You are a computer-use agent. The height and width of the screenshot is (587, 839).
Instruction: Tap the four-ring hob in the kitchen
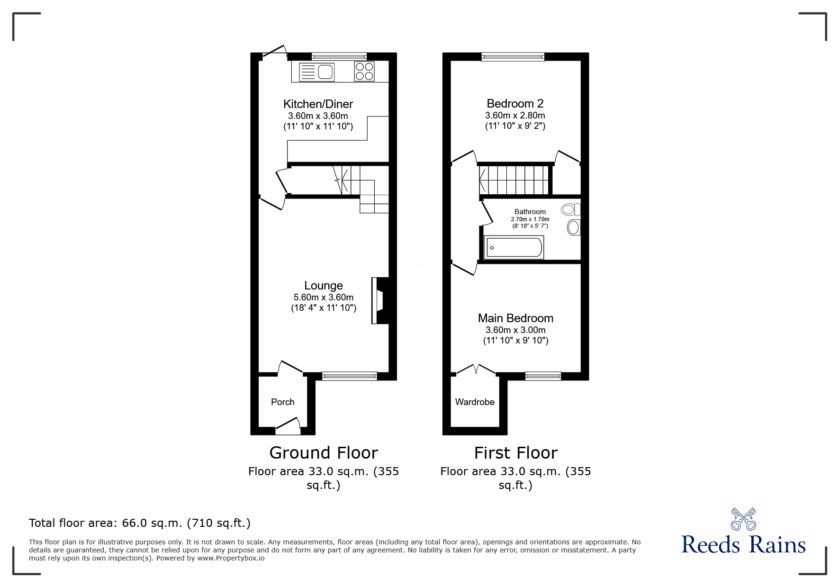coord(364,72)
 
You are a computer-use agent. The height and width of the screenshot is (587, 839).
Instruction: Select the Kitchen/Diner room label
coord(318,104)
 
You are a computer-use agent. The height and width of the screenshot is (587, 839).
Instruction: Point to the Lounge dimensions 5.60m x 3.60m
coord(324,298)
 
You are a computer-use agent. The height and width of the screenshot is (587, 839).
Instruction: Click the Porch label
coord(283,402)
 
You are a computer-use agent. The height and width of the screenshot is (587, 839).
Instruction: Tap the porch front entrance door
coord(288,426)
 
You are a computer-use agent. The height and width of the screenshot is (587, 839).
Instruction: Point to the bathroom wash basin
coord(574,227)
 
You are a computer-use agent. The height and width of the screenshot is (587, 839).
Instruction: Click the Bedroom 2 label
coord(515,103)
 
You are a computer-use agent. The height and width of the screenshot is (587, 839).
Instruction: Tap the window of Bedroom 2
coord(513,57)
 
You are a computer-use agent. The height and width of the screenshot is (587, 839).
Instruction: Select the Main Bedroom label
coord(515,318)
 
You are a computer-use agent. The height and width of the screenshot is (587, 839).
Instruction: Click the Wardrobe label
coord(475,402)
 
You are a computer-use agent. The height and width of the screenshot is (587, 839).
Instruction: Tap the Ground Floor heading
coord(324,452)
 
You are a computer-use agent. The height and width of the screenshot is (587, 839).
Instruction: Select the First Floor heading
coord(515,452)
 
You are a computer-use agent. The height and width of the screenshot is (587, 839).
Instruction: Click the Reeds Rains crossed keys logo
coord(743,519)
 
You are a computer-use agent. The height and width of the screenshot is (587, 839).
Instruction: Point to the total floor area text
coord(140,523)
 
